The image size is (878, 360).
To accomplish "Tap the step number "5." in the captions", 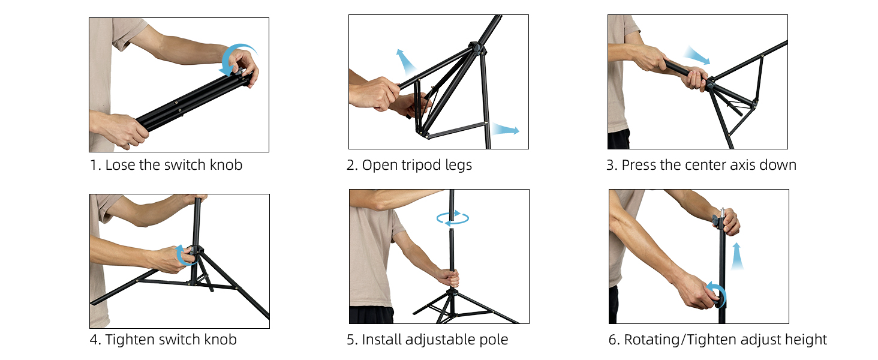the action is pyautogui.click(x=353, y=340).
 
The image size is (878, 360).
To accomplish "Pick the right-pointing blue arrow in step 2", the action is pyautogui.click(x=506, y=130).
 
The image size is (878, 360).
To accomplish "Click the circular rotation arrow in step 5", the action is pyautogui.click(x=453, y=218).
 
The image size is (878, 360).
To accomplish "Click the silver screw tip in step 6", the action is pyautogui.click(x=723, y=212).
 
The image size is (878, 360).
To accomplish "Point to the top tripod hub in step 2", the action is pyautogui.click(x=477, y=49).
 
